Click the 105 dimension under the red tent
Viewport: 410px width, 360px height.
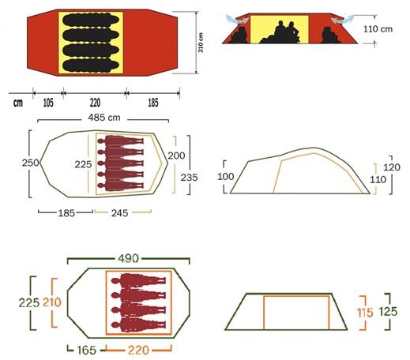[48, 103]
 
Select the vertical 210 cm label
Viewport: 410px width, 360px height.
[201, 43]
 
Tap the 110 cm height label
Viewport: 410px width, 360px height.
[378, 29]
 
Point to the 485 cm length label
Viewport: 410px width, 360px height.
[104, 118]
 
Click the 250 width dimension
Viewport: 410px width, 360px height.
[30, 163]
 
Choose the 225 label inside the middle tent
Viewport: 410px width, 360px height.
[83, 164]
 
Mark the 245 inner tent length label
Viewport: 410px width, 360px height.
[119, 213]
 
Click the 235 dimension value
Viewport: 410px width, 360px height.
[189, 178]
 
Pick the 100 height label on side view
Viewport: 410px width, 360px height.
[226, 176]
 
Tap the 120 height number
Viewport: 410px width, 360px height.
[392, 167]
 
